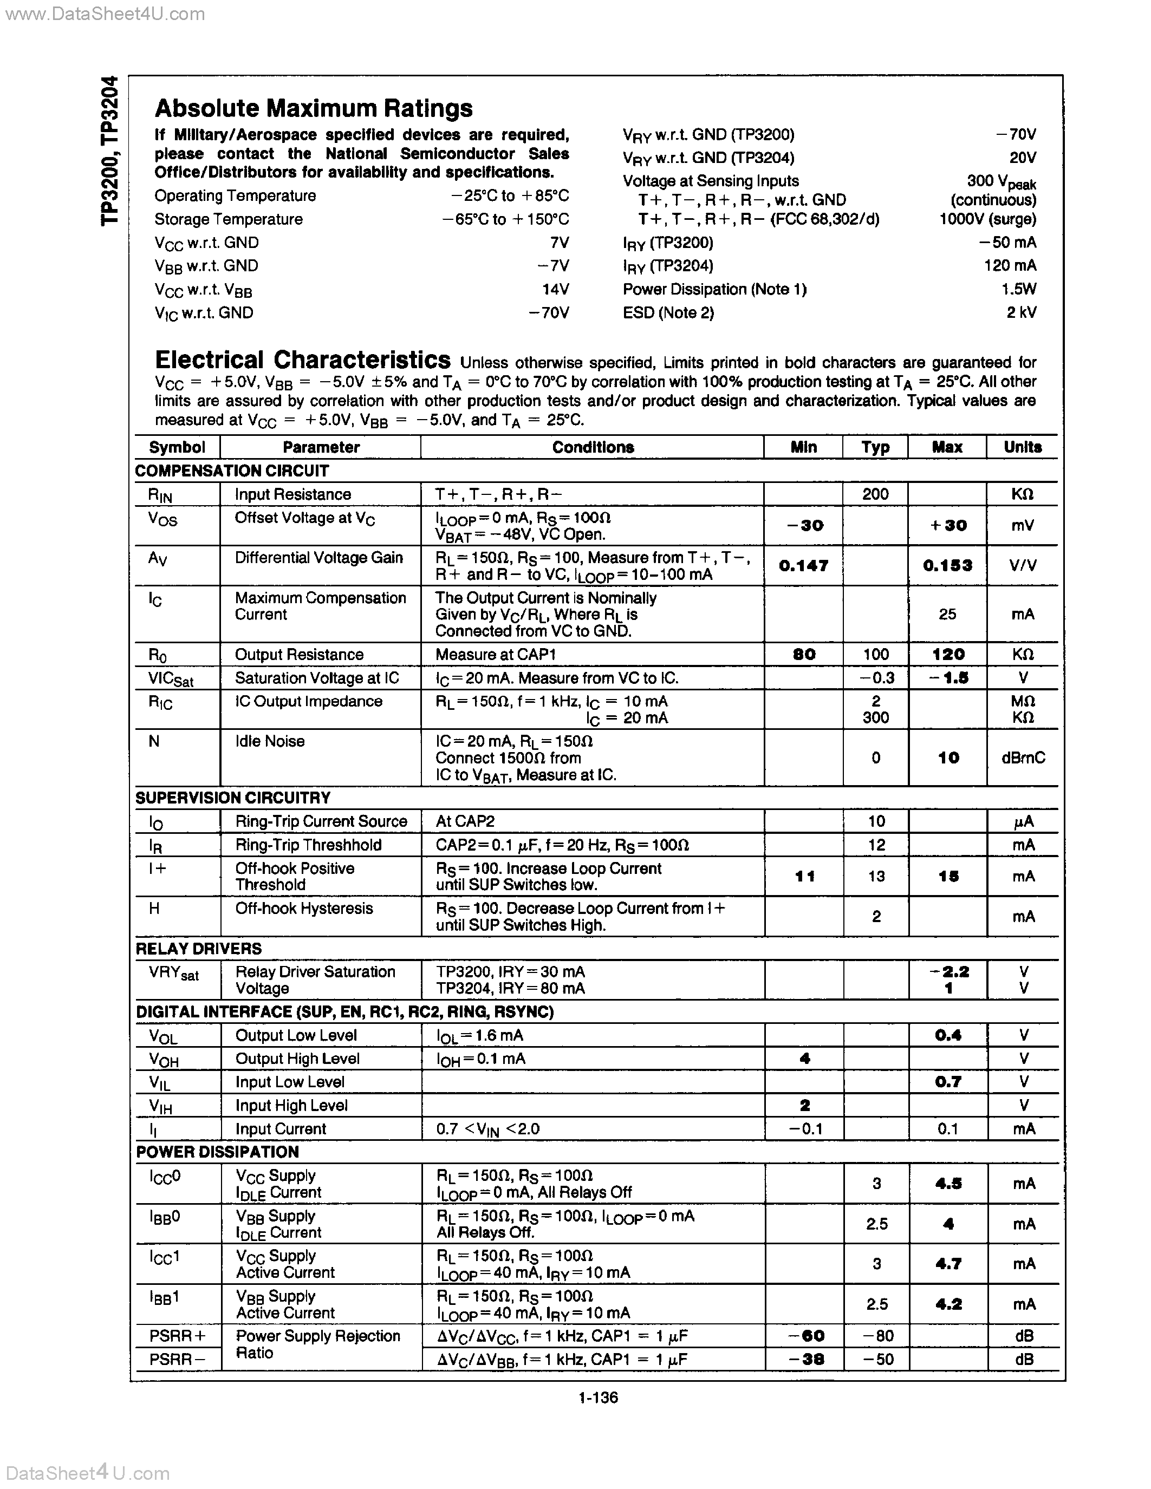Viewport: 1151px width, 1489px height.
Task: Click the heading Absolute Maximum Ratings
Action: click(313, 108)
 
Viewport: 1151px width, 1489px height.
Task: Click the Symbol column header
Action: click(177, 447)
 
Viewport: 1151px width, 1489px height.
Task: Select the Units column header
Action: click(1022, 447)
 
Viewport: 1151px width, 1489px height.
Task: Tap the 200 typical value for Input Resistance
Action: click(875, 494)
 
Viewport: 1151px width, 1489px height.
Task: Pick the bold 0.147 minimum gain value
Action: click(803, 565)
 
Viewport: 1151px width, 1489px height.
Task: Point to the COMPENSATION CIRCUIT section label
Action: click(232, 471)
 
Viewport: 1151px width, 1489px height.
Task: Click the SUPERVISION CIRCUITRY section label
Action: click(232, 798)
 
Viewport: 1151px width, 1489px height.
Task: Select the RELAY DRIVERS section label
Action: click(198, 948)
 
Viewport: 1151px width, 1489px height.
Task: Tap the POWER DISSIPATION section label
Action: click(218, 1152)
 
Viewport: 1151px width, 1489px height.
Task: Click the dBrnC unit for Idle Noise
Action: click(1024, 757)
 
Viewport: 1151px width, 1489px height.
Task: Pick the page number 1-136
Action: click(598, 1397)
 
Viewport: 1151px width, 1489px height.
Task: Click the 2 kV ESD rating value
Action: click(1021, 312)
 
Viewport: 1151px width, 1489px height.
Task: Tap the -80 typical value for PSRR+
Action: click(877, 1336)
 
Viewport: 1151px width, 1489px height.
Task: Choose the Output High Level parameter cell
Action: click(297, 1058)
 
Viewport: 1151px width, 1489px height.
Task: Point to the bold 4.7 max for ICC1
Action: click(948, 1264)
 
